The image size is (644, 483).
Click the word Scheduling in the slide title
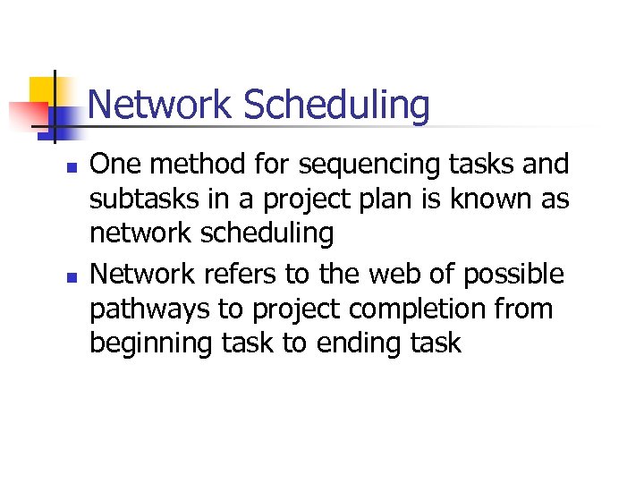coord(336,106)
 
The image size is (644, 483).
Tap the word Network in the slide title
coord(161,105)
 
